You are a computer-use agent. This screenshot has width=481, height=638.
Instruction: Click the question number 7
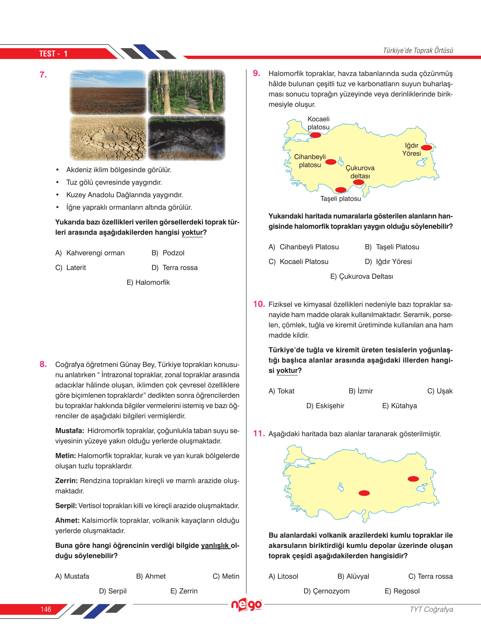coord(43,75)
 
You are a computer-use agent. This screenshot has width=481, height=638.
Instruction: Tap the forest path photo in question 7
coord(186,92)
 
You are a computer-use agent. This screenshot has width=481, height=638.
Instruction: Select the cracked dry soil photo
coord(108,138)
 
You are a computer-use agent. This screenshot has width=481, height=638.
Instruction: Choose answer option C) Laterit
coord(71,267)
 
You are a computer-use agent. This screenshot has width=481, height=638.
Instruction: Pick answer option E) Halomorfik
coord(148,282)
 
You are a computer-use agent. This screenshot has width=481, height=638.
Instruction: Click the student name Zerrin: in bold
coord(66,481)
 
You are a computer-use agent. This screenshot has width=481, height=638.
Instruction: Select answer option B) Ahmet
coord(151,576)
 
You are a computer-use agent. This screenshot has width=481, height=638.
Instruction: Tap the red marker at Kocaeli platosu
coord(316,135)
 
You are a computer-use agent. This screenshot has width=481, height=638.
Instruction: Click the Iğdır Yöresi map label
coord(411,149)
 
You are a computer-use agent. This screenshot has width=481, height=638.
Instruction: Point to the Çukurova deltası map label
coord(360,172)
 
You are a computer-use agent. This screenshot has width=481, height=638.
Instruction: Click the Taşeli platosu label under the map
coord(340,199)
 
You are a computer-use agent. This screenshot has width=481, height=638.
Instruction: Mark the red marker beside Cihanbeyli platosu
coord(331,162)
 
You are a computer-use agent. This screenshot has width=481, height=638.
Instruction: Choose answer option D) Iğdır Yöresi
coord(388,262)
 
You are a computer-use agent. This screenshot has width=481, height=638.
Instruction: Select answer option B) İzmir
coord(361,391)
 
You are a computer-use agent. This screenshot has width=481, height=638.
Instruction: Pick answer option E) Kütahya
coord(399,406)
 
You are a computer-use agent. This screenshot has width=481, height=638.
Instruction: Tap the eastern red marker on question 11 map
coord(413,479)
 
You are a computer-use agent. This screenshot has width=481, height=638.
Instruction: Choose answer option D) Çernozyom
coord(326,591)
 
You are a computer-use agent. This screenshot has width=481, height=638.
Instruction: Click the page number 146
coord(46,609)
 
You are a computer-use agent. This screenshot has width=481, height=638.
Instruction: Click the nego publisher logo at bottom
coord(246,605)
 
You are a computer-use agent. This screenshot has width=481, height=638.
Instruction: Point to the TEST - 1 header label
coord(53,54)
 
